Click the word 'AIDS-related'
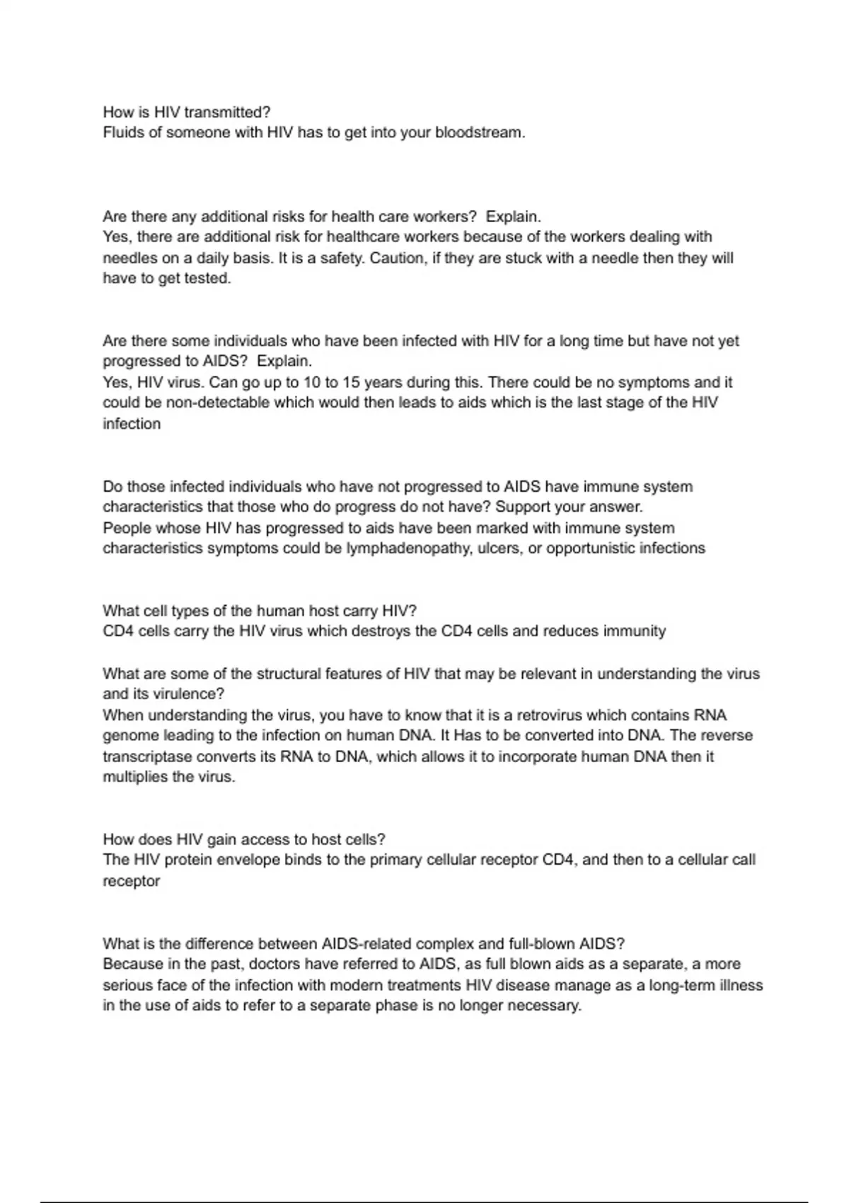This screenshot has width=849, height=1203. [366, 943]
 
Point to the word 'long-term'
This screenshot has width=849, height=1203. [681, 985]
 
